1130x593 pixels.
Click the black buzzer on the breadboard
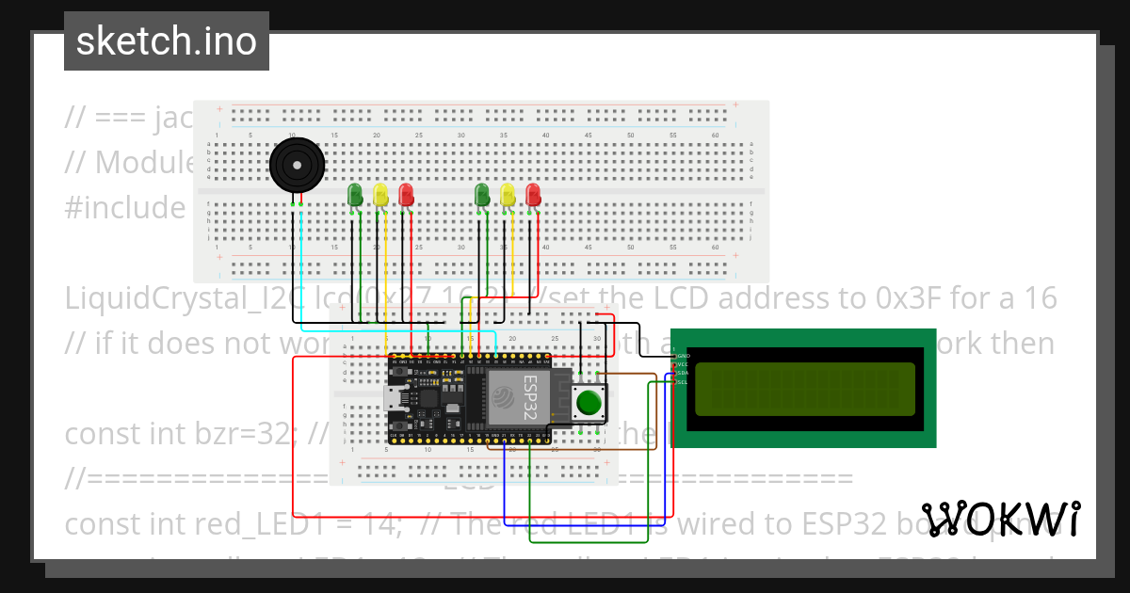297,166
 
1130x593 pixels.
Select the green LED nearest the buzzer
356,195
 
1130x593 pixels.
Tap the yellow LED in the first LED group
380,195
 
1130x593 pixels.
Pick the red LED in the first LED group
406,195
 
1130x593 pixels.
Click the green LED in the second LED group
483,195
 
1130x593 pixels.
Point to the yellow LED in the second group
508,195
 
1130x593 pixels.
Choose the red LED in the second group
534,195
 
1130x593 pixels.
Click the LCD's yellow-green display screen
804,389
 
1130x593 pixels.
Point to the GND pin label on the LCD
683,356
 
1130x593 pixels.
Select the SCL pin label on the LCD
683,382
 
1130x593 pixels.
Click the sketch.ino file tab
167,41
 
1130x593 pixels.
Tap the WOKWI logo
1001,520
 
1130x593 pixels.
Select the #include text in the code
125,207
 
